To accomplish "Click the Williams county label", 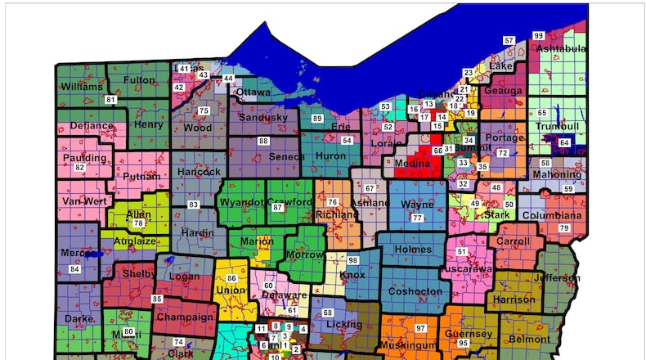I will point(80,86).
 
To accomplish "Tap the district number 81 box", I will point(110,100).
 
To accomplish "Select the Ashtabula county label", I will point(561,48).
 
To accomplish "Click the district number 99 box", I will point(538,36).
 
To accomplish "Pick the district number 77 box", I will point(417,218).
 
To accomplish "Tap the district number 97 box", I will point(420,327).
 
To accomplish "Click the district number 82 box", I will point(79,168).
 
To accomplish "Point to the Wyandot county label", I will point(241,202).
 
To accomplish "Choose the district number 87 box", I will point(277,208).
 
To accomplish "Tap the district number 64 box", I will point(564,143).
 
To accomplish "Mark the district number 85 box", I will point(157,299).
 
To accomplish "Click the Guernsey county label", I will point(468,334).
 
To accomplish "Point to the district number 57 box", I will point(509,40).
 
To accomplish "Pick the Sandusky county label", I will point(262,118).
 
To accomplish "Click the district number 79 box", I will point(563,227).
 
